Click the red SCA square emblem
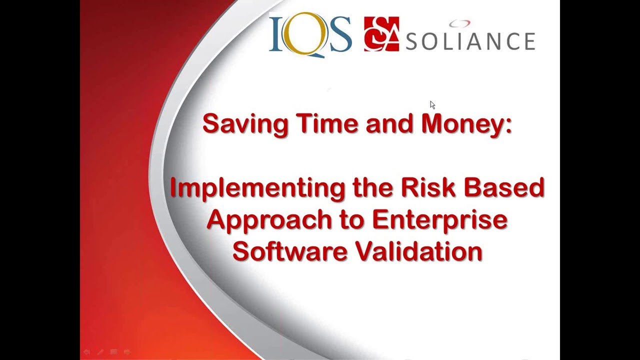coord(381,34)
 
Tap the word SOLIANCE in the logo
coord(470,41)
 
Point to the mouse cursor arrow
coord(432,104)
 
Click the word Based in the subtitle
coord(505,187)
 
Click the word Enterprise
coord(439,220)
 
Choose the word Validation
coord(418,251)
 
